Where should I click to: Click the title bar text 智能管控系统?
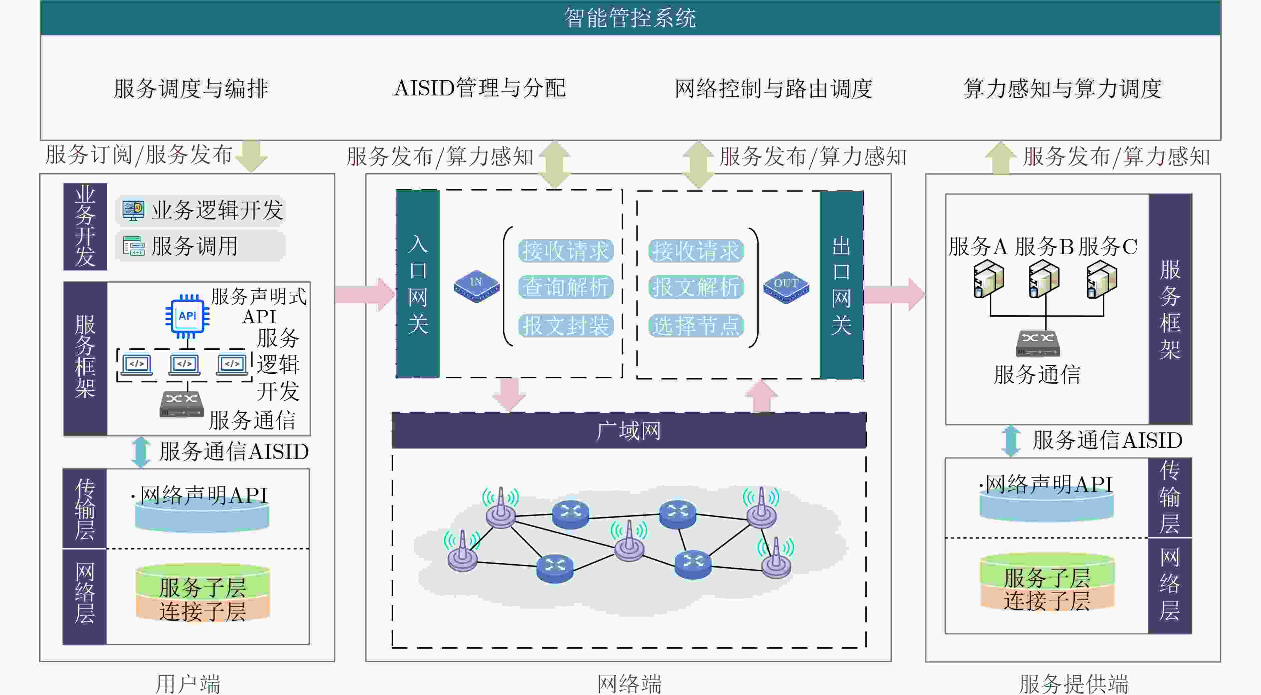630,18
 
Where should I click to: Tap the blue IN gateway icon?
476,286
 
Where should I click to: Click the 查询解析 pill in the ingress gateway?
565,287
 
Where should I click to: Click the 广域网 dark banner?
629,431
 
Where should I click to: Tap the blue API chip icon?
187,317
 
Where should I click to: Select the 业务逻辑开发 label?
217,210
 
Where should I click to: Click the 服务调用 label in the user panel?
194,246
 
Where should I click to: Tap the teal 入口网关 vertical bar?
418,284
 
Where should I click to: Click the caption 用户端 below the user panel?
188,683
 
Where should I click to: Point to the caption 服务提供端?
1073,683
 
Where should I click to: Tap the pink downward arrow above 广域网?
509,394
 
